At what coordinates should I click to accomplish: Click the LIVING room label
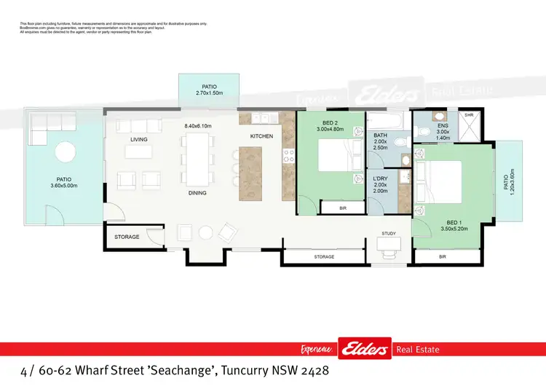coord(139,139)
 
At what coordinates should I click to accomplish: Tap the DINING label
coord(197,193)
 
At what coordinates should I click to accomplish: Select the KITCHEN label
coord(261,136)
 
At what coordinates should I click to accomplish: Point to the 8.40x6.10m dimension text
coord(197,126)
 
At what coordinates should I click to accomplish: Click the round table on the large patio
coord(66,152)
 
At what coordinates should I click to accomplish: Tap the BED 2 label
coord(329,123)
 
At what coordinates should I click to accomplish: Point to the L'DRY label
coord(380,179)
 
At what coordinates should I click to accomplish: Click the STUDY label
coord(388,233)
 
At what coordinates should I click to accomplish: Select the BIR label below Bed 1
coord(443,257)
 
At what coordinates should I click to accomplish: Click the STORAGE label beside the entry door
coord(127,237)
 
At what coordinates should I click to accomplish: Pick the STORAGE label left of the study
coord(324,257)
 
